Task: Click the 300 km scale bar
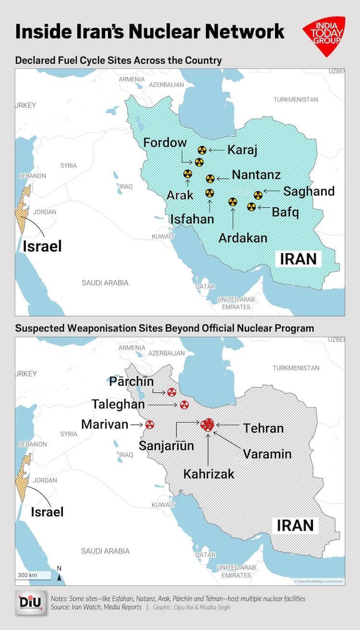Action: coord(34,575)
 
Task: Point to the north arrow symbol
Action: coord(59,574)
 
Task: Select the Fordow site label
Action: coord(165,143)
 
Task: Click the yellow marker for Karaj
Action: coord(202,150)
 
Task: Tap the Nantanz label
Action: coord(256,175)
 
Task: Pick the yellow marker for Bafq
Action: coord(251,207)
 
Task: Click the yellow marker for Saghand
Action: coord(258,195)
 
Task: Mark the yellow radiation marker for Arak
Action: coord(188,174)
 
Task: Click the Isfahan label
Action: coord(192,219)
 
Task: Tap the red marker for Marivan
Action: coord(150,425)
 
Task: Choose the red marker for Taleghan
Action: coord(184,405)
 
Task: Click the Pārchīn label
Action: coord(131,382)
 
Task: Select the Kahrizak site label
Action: coord(209,474)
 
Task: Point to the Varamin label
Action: coord(267,453)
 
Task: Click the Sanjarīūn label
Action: coord(167,446)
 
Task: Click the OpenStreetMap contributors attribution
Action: coord(319,582)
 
